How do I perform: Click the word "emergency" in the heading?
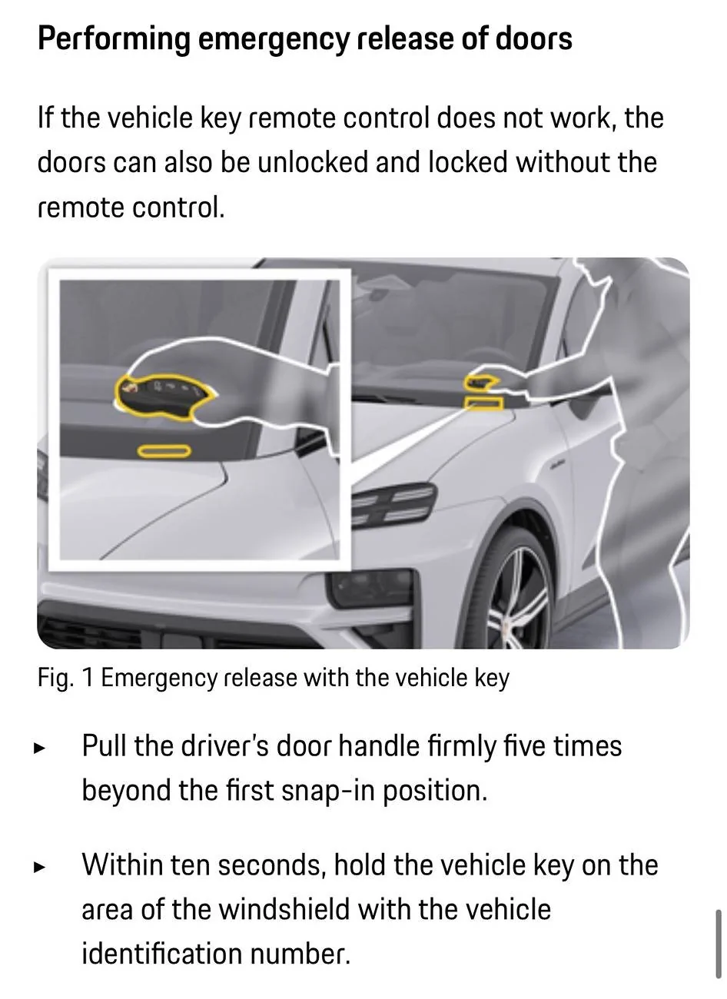pos(273,39)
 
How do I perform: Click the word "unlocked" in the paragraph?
pos(314,162)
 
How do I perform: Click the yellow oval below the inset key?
pos(164,451)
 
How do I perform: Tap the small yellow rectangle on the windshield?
pos(484,403)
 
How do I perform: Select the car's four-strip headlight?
pos(393,504)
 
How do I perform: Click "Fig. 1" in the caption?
pos(65,679)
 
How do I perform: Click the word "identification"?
pos(162,954)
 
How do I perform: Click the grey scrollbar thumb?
pos(718,944)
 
